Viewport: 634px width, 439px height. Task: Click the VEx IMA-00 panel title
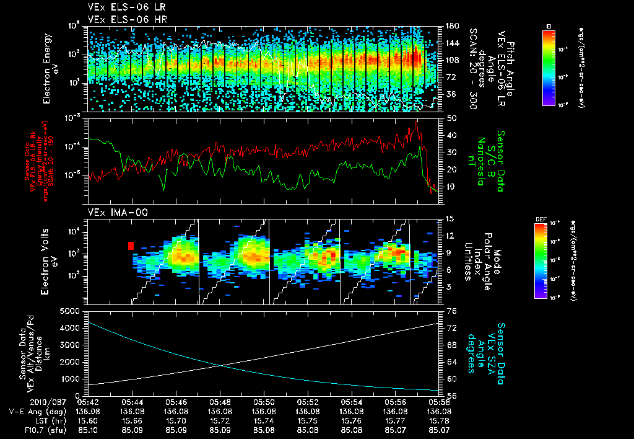(112, 212)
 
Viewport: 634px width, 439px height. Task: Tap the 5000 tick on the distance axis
(71, 311)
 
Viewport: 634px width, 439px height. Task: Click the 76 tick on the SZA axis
(451, 311)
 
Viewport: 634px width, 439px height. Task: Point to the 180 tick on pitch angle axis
(451, 27)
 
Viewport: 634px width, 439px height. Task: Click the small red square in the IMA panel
(131, 246)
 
